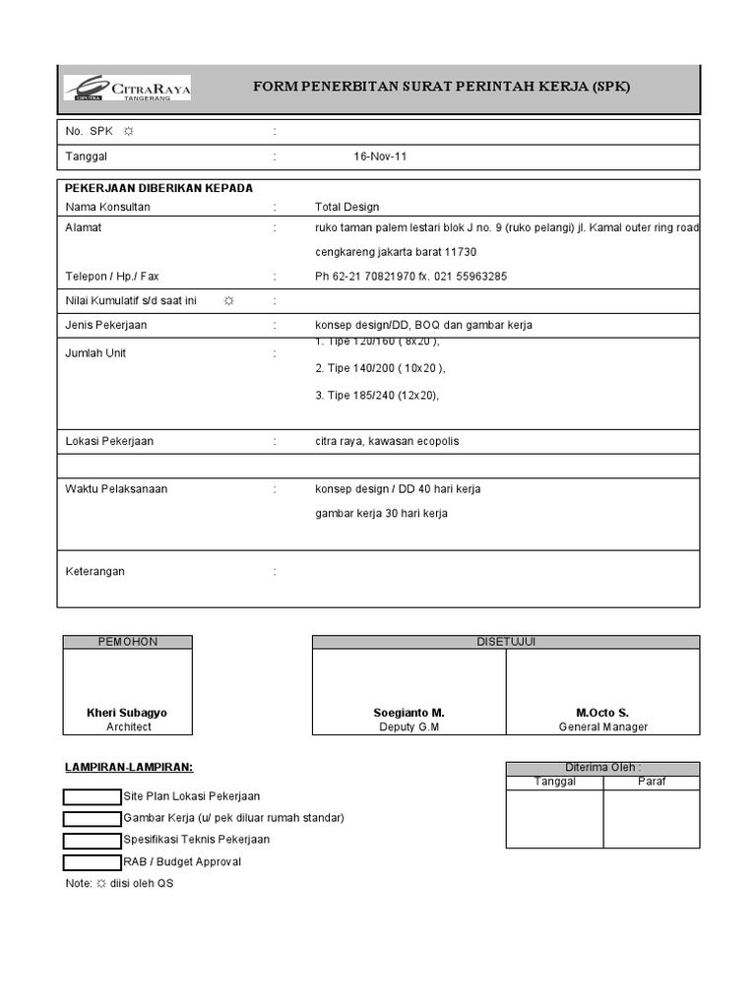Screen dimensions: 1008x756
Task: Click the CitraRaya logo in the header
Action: (x=127, y=88)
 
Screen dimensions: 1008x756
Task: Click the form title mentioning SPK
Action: (x=441, y=87)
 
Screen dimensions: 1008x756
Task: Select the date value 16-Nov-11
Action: (x=380, y=157)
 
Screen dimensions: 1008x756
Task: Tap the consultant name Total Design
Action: (x=346, y=207)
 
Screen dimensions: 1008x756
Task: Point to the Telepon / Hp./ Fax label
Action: (x=112, y=277)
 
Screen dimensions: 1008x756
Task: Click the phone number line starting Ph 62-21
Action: (x=410, y=277)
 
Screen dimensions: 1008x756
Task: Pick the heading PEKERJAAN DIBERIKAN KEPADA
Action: (x=158, y=188)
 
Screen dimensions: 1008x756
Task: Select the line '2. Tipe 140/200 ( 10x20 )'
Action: (x=380, y=368)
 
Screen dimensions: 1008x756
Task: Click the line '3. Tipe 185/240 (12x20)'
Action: (x=377, y=396)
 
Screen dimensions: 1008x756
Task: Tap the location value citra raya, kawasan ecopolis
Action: (x=387, y=441)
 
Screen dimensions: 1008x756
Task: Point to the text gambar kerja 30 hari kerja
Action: (x=381, y=513)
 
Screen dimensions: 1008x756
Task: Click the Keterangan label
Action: (x=95, y=571)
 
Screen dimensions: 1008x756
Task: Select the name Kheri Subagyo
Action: (x=127, y=712)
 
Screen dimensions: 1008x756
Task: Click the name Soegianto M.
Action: (x=409, y=712)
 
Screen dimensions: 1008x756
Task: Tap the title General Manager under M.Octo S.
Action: (x=602, y=726)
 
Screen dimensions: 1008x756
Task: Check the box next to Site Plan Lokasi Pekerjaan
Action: (x=93, y=796)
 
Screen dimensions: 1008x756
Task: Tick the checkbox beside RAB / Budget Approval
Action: (x=93, y=862)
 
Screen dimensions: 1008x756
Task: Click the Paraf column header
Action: (x=651, y=782)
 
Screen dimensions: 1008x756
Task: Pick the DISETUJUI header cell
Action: (x=506, y=642)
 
